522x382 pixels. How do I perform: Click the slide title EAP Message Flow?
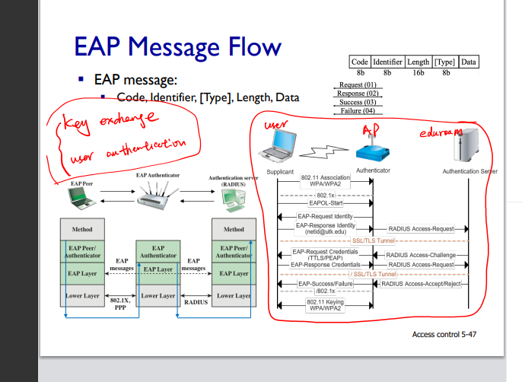(177, 47)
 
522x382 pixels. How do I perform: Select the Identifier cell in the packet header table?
(387, 62)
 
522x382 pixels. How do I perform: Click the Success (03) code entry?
(358, 102)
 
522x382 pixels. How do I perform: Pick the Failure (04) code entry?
(358, 111)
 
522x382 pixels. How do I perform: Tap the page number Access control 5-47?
(444, 334)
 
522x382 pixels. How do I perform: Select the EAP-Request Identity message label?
(325, 217)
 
